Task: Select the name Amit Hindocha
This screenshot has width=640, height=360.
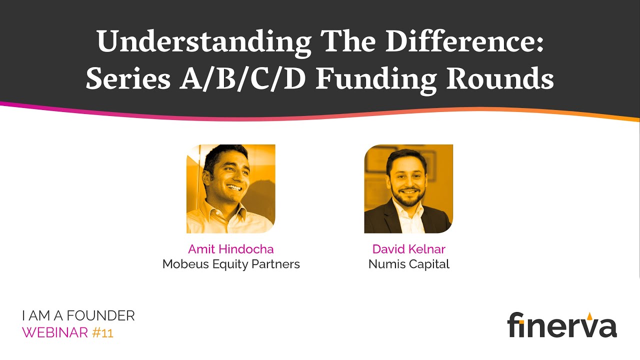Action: coord(231,249)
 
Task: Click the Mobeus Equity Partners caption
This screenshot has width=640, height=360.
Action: coord(231,264)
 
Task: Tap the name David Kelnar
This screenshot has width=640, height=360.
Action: coord(408,249)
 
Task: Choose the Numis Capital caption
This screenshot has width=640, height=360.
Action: coord(408,264)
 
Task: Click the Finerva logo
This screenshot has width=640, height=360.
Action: coord(562,325)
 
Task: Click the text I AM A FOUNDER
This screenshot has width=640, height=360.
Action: coord(78,316)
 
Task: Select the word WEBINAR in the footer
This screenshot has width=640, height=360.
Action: coord(55,332)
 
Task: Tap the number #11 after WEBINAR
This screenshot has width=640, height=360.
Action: coord(103,332)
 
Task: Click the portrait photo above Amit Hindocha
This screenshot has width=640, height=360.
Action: coord(231,189)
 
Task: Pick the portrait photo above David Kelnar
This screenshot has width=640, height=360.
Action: coord(408,189)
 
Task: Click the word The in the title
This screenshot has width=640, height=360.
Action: coord(352,42)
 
